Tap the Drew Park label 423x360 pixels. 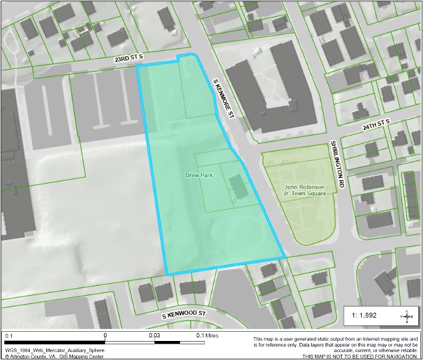click(199, 174)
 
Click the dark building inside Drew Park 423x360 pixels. click(238, 187)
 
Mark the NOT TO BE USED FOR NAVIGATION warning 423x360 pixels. click(360, 356)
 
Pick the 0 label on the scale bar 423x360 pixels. click(105, 336)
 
